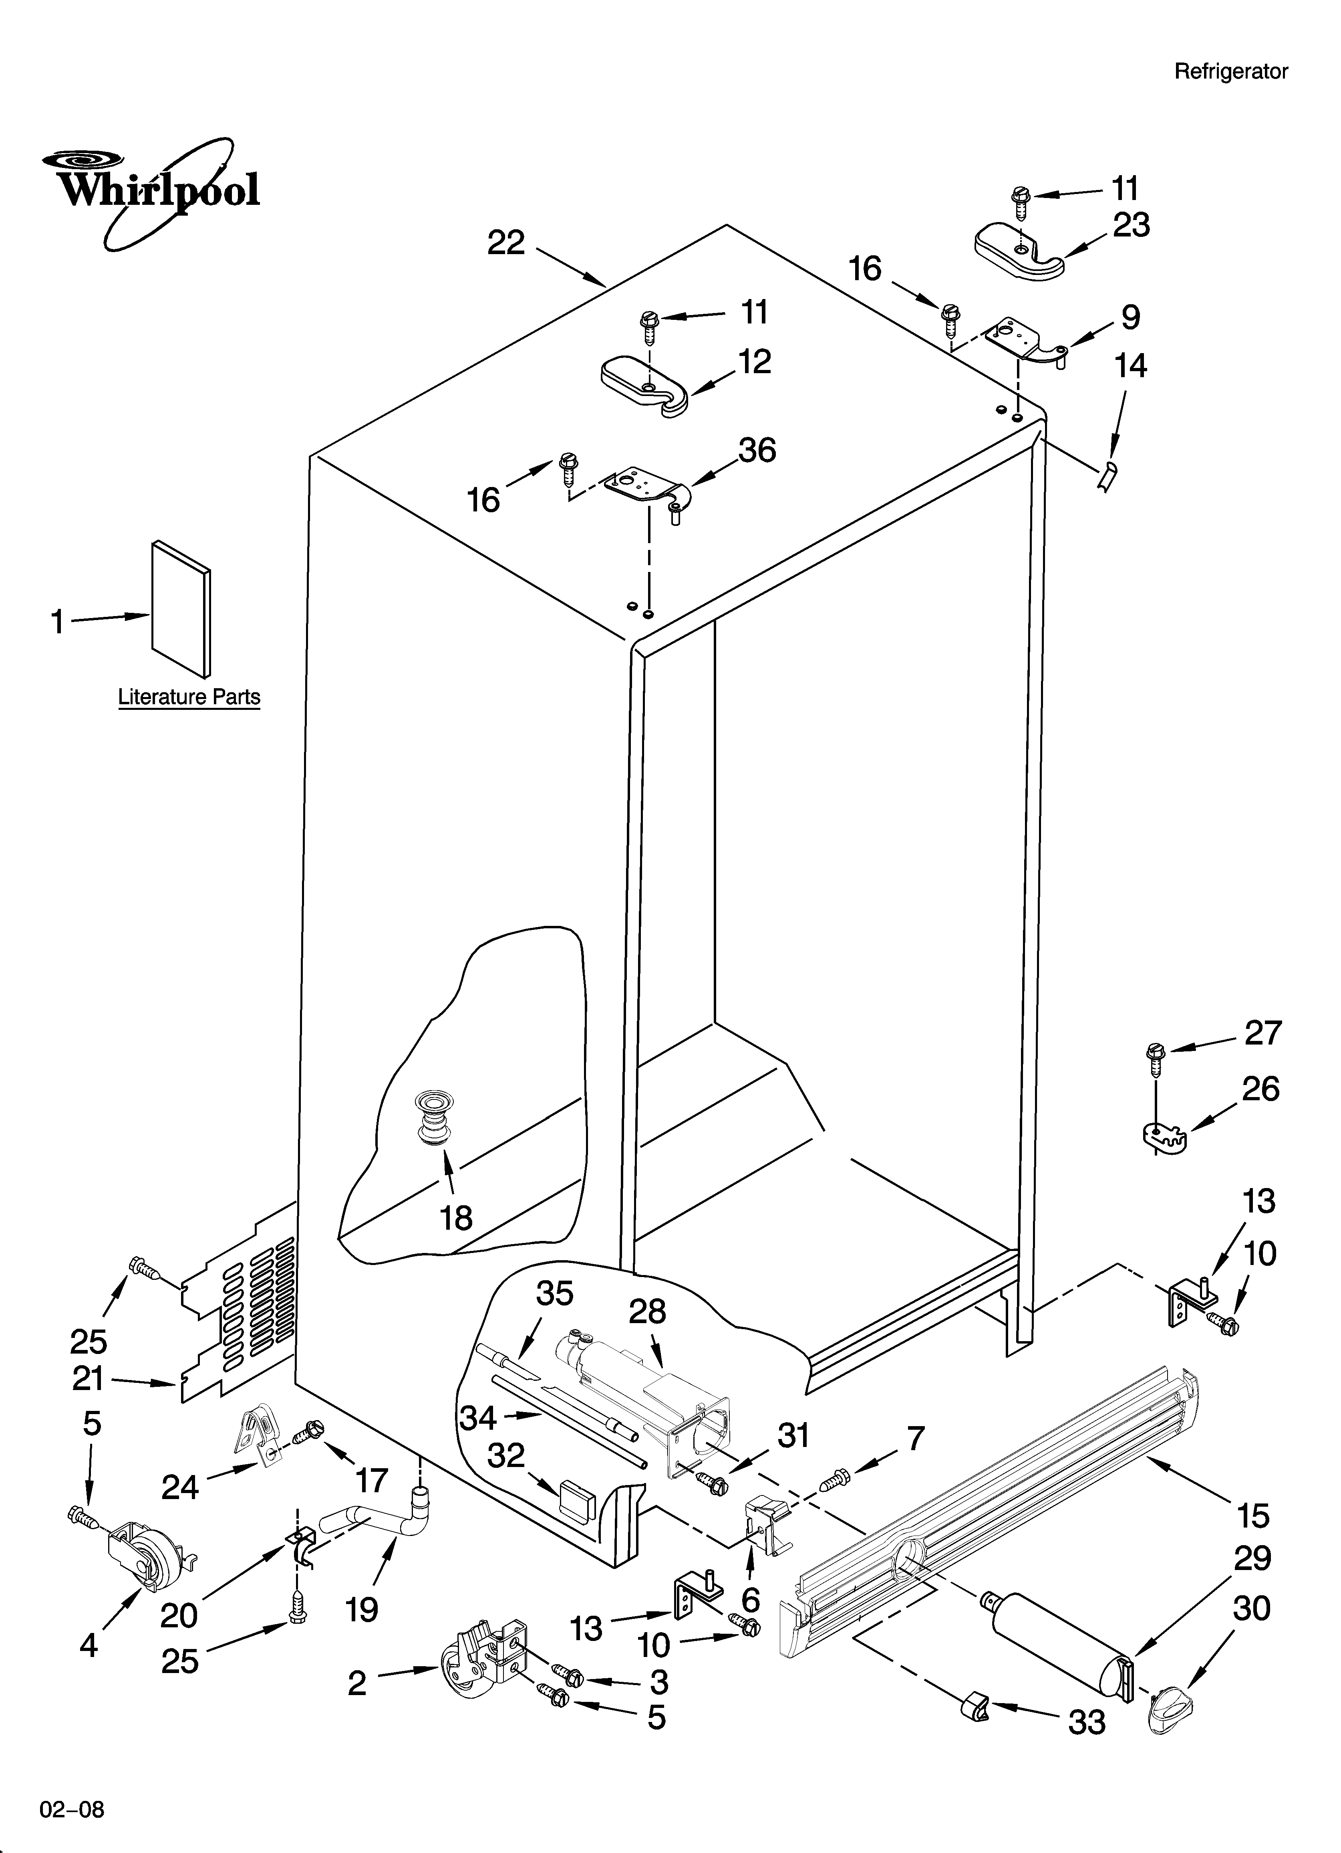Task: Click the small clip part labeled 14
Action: [1108, 475]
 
